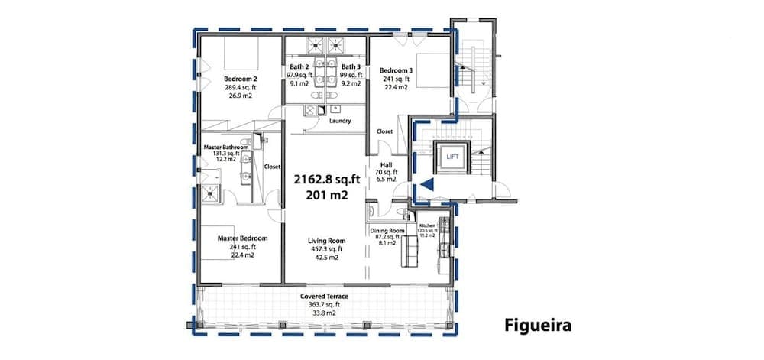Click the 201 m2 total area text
tap(327, 195)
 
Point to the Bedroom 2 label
tap(240, 79)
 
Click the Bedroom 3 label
tap(396, 71)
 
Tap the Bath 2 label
tap(299, 67)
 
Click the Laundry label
tap(339, 121)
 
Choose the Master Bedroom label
tap(242, 238)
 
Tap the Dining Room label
tap(387, 230)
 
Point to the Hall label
tap(385, 164)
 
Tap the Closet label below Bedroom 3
tap(384, 131)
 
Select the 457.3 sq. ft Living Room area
tap(325, 249)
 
